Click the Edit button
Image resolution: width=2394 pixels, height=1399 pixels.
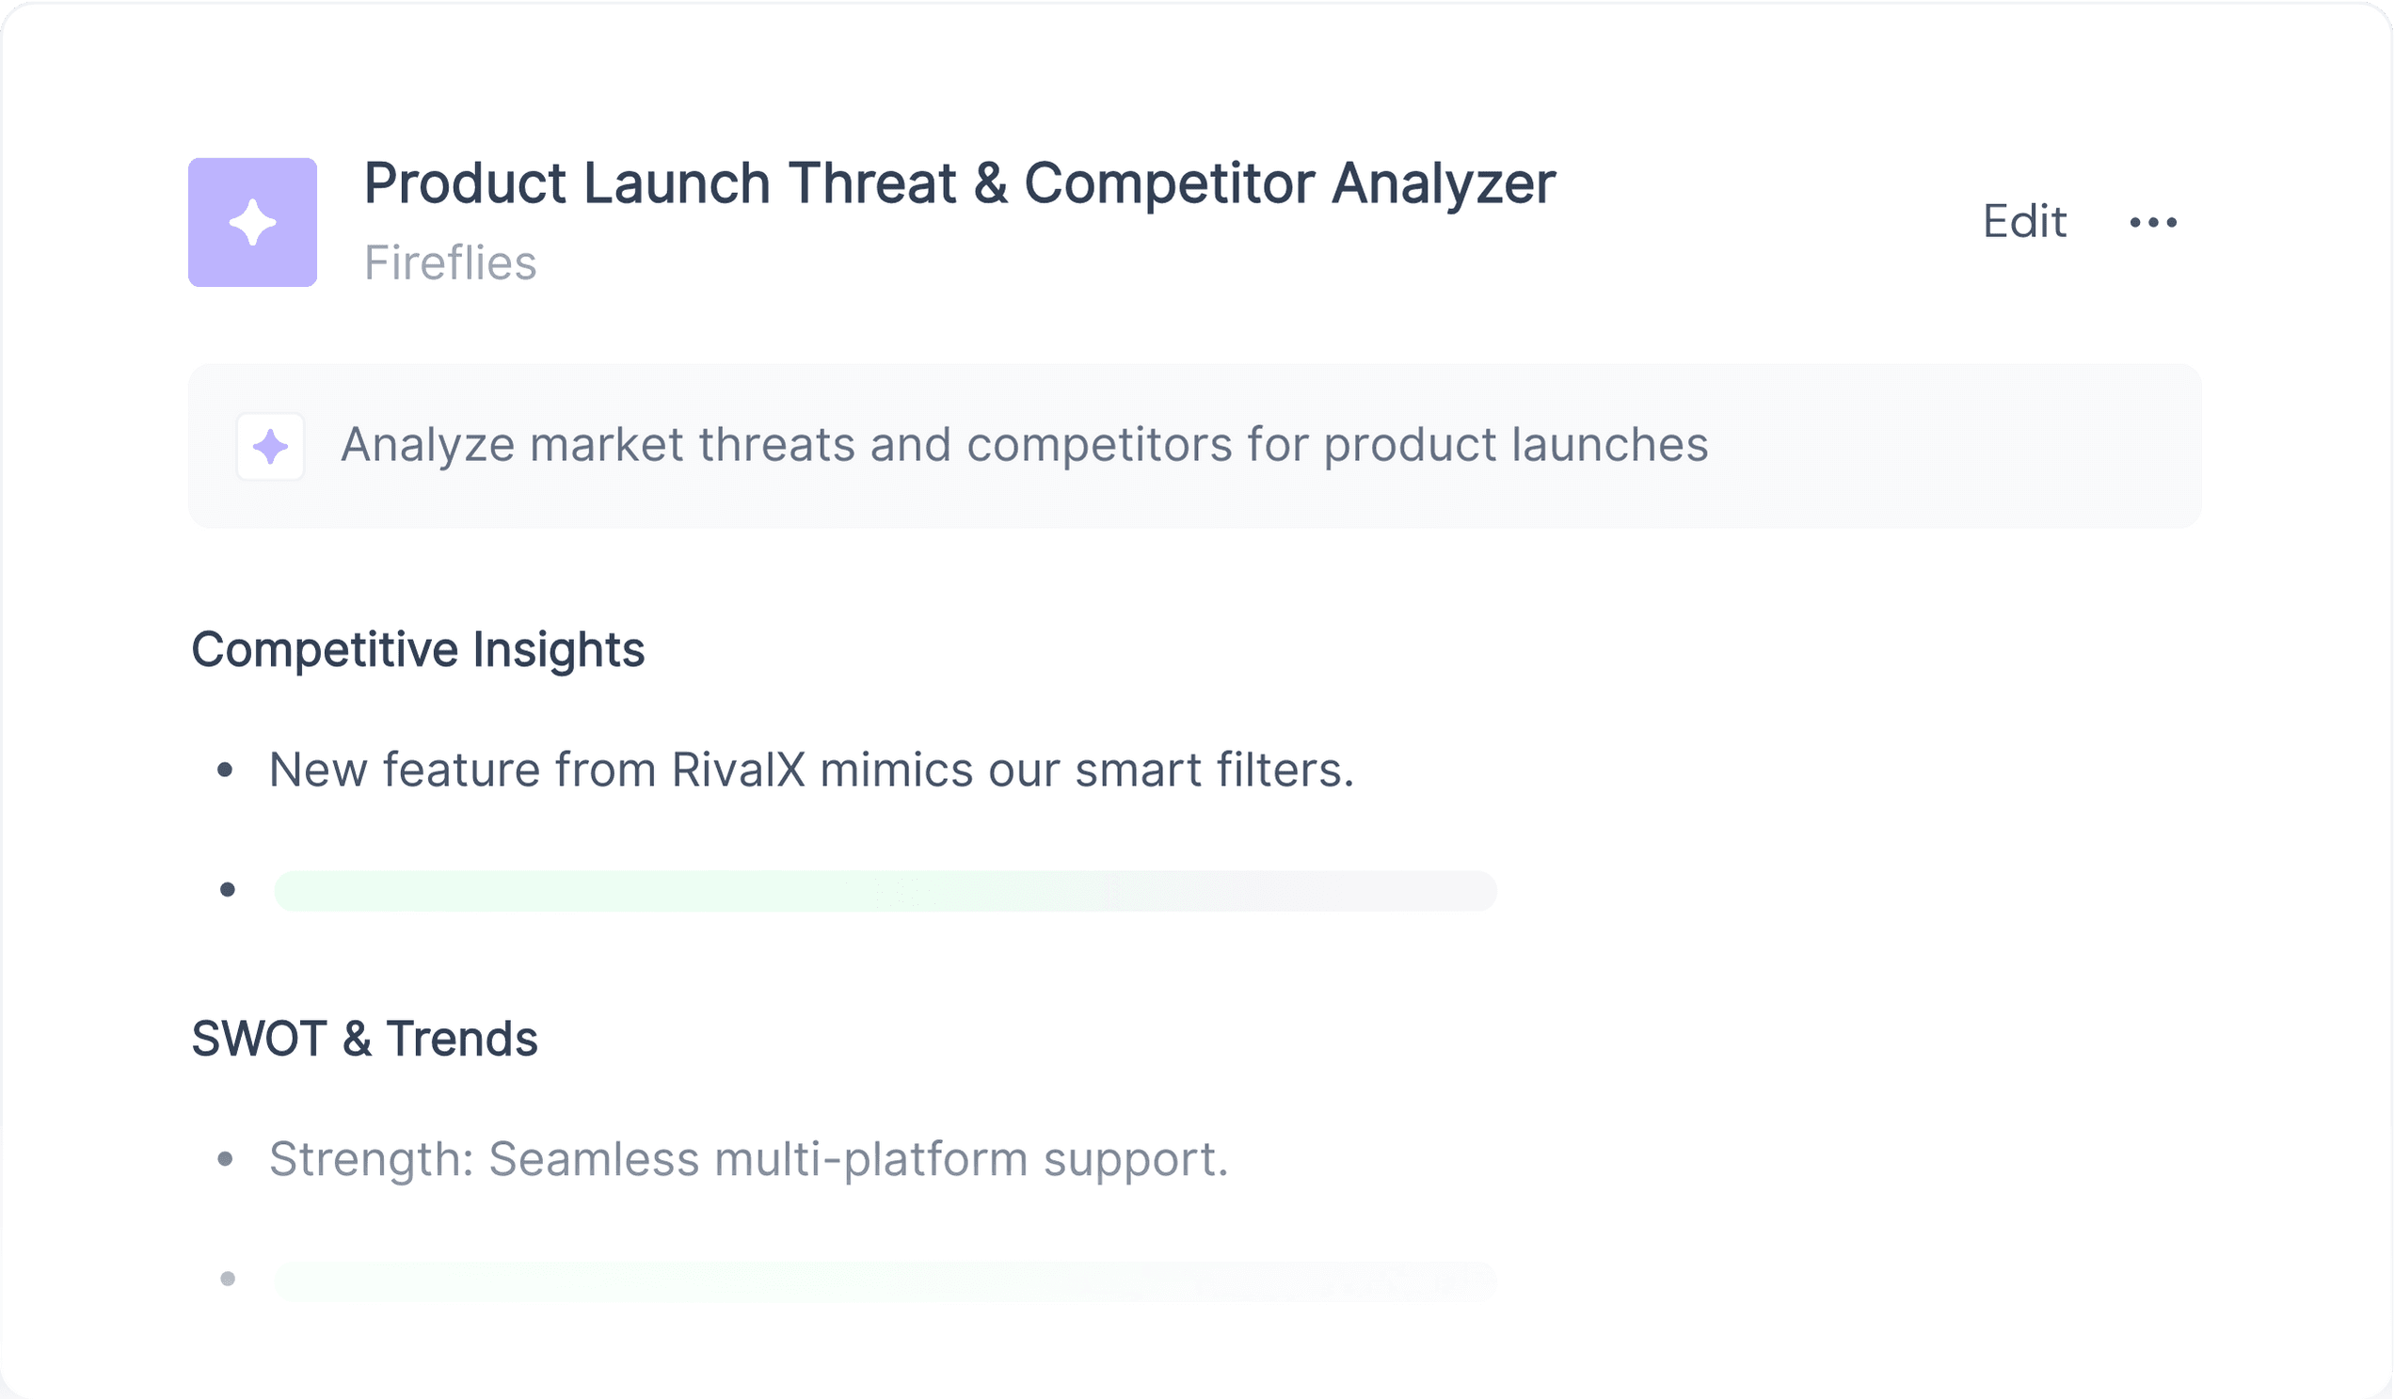click(2023, 221)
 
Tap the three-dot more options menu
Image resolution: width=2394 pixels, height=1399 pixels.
click(2153, 222)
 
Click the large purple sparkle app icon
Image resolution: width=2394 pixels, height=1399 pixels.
click(253, 222)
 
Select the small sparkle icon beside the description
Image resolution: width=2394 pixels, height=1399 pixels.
click(271, 446)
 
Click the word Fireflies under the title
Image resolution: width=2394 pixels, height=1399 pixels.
click(451, 263)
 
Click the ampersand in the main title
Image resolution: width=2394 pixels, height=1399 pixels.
click(990, 183)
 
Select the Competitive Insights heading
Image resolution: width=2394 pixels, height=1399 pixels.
click(418, 651)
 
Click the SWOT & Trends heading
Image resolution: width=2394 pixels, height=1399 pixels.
click(365, 1038)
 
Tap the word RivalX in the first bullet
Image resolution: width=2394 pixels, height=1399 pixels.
click(738, 770)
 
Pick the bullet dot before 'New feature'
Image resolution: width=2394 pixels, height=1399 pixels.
click(225, 771)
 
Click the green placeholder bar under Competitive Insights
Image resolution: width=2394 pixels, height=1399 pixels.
click(886, 891)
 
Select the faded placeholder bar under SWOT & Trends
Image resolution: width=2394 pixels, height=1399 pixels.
click(886, 1281)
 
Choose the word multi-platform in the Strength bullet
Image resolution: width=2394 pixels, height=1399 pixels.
click(871, 1160)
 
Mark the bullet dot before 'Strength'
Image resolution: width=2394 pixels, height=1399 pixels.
click(225, 1159)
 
